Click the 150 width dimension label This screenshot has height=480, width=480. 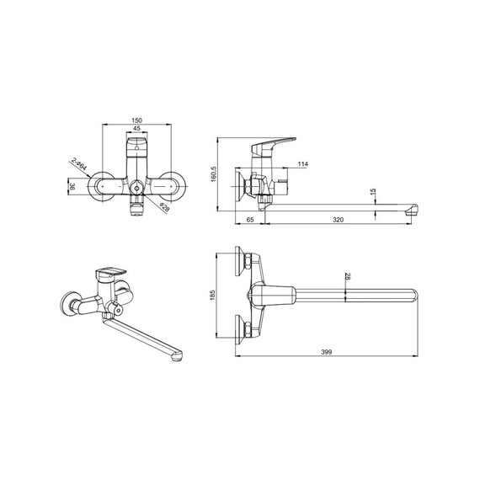click(x=136, y=120)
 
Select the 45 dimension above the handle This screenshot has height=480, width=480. click(x=136, y=129)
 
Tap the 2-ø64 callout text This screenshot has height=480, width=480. click(x=79, y=164)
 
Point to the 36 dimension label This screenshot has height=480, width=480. click(x=72, y=187)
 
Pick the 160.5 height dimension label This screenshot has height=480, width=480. click(x=214, y=173)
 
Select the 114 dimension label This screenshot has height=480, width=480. click(x=303, y=164)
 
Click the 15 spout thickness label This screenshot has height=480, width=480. click(x=372, y=192)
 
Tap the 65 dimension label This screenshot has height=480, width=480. click(x=250, y=220)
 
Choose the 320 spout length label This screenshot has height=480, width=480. click(x=338, y=220)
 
